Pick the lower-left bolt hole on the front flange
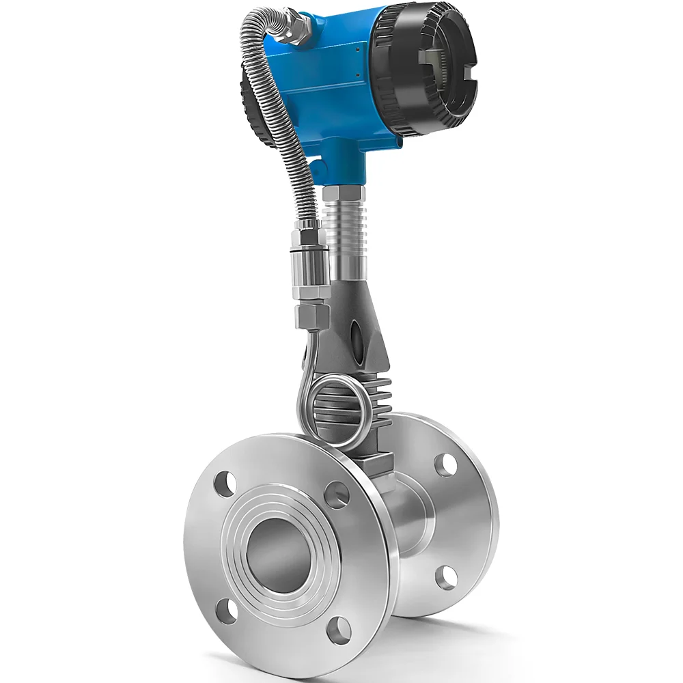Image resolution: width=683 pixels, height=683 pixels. (x=225, y=608)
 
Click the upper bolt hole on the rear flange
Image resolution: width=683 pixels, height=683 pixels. (x=445, y=464)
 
